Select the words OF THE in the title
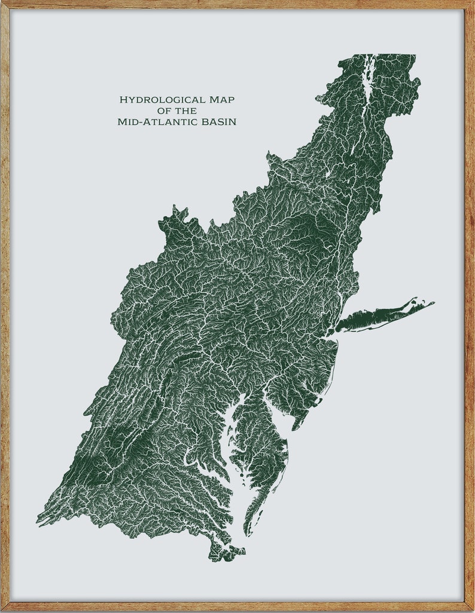[176, 111]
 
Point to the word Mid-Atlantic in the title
[153, 122]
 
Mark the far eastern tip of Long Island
[433, 303]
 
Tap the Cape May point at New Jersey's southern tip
[295, 428]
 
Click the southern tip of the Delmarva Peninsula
[247, 534]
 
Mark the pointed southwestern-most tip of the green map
[38, 521]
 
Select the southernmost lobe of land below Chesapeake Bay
[224, 553]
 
